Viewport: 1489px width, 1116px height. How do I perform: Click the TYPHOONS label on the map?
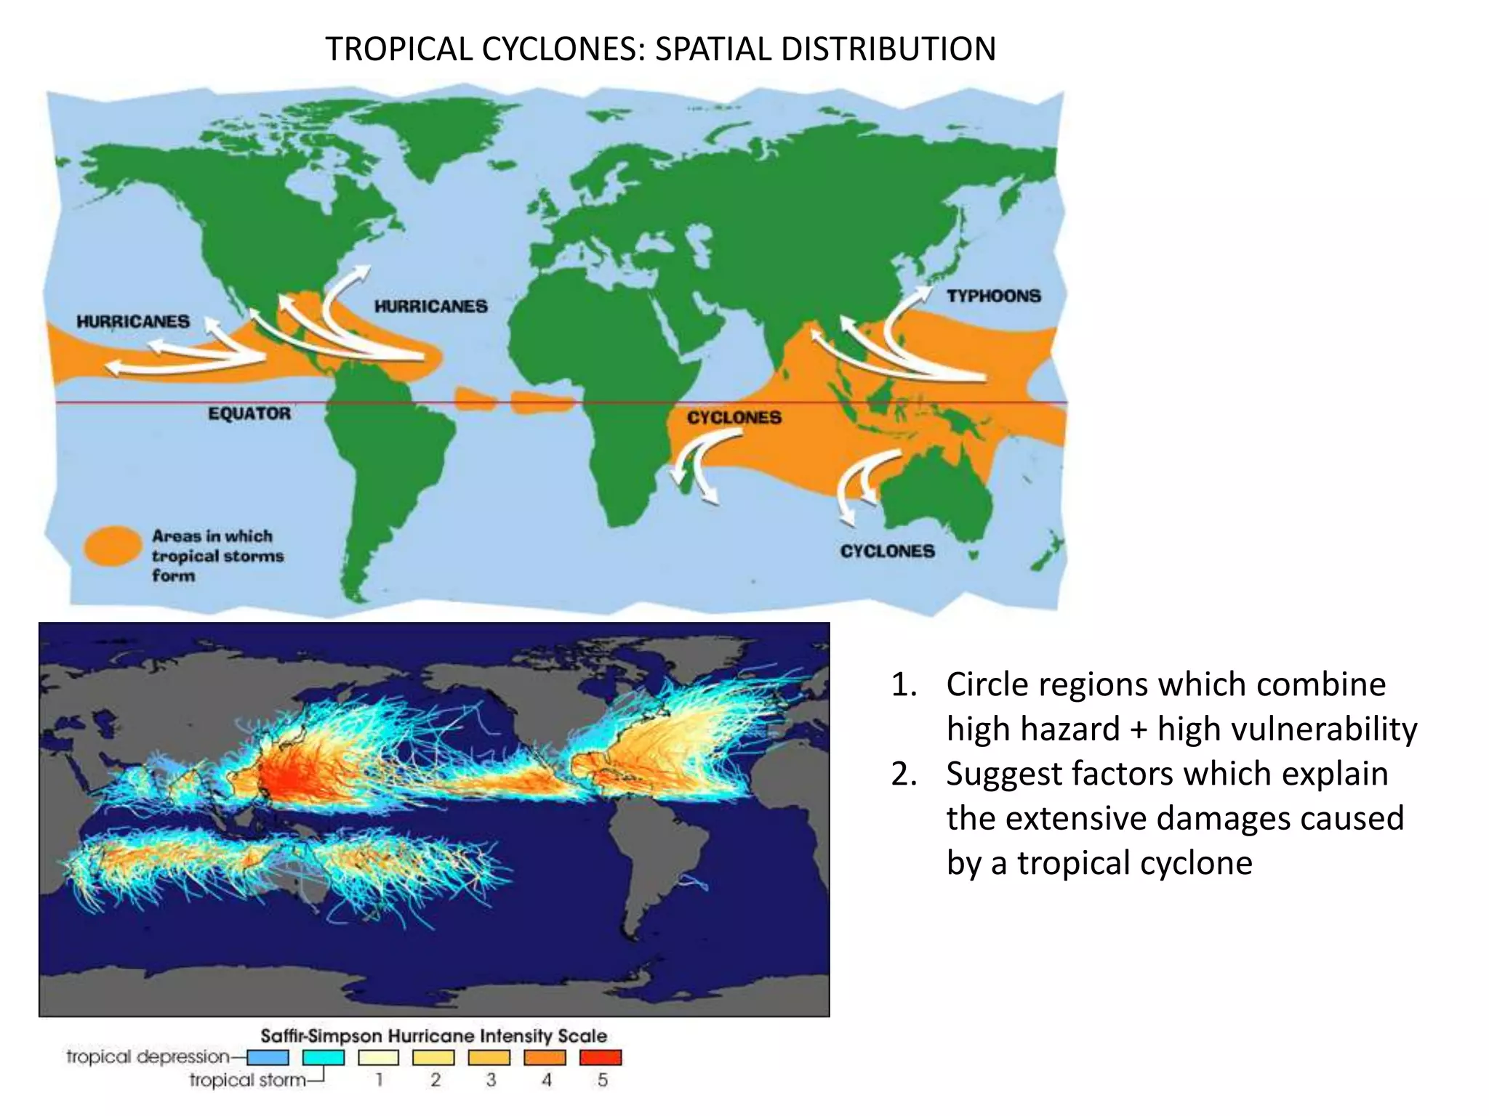coord(993,296)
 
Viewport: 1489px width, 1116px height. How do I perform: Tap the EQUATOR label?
coord(249,413)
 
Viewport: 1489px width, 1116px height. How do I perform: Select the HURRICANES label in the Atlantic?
coord(430,307)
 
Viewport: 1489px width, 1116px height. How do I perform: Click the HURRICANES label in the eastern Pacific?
coord(133,321)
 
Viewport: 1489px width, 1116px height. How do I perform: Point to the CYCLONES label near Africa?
coord(734,418)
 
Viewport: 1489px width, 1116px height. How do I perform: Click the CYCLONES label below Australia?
coord(887,551)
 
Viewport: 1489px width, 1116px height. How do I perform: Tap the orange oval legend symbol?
coord(113,546)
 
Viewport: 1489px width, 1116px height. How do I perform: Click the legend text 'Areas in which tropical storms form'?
coord(217,556)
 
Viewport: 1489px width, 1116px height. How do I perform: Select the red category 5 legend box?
coord(601,1057)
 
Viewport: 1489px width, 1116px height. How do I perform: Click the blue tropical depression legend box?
coord(268,1057)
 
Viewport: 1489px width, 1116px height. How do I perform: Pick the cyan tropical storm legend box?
coord(324,1057)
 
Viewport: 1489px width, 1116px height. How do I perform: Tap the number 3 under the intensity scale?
coord(491,1080)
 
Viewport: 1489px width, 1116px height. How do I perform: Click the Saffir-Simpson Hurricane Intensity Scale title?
coord(433,1035)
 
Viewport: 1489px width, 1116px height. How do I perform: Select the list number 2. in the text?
coord(904,775)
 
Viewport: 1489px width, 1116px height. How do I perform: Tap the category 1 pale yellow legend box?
coord(379,1057)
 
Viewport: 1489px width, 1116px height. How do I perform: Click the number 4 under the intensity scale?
coord(546,1080)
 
